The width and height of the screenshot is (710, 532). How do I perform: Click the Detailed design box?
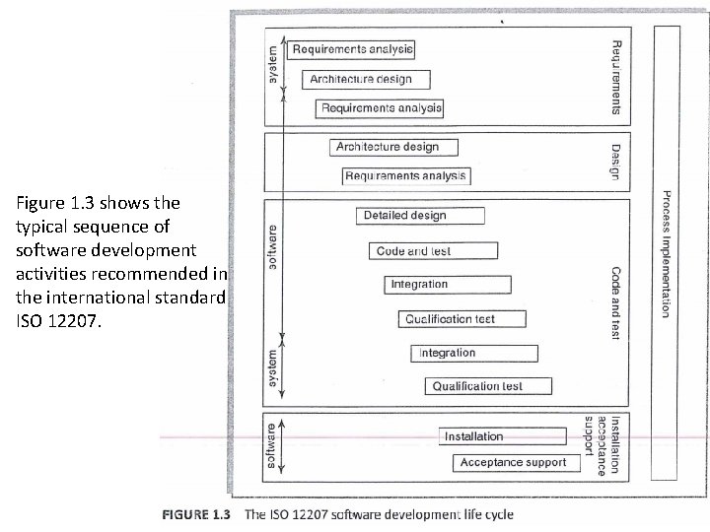(x=404, y=216)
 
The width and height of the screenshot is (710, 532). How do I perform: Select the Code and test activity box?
(x=413, y=251)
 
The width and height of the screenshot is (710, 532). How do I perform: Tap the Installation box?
(x=473, y=436)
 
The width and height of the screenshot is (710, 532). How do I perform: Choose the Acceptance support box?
(x=513, y=462)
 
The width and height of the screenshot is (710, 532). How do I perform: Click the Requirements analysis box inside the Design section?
(x=406, y=176)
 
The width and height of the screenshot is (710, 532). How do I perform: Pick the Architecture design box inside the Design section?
(x=387, y=147)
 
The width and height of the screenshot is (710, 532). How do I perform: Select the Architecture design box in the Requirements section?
(x=360, y=79)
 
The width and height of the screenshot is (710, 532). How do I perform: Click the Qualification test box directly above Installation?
(x=477, y=386)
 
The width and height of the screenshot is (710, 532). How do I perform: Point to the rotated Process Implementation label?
(x=667, y=253)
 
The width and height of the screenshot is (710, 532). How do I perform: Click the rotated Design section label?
(x=615, y=158)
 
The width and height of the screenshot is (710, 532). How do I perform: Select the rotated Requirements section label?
(x=615, y=74)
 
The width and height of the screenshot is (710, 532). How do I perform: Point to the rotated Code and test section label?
(x=615, y=303)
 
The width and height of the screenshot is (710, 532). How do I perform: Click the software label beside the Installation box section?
(x=271, y=444)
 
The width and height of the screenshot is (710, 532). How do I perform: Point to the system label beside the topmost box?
(x=273, y=64)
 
